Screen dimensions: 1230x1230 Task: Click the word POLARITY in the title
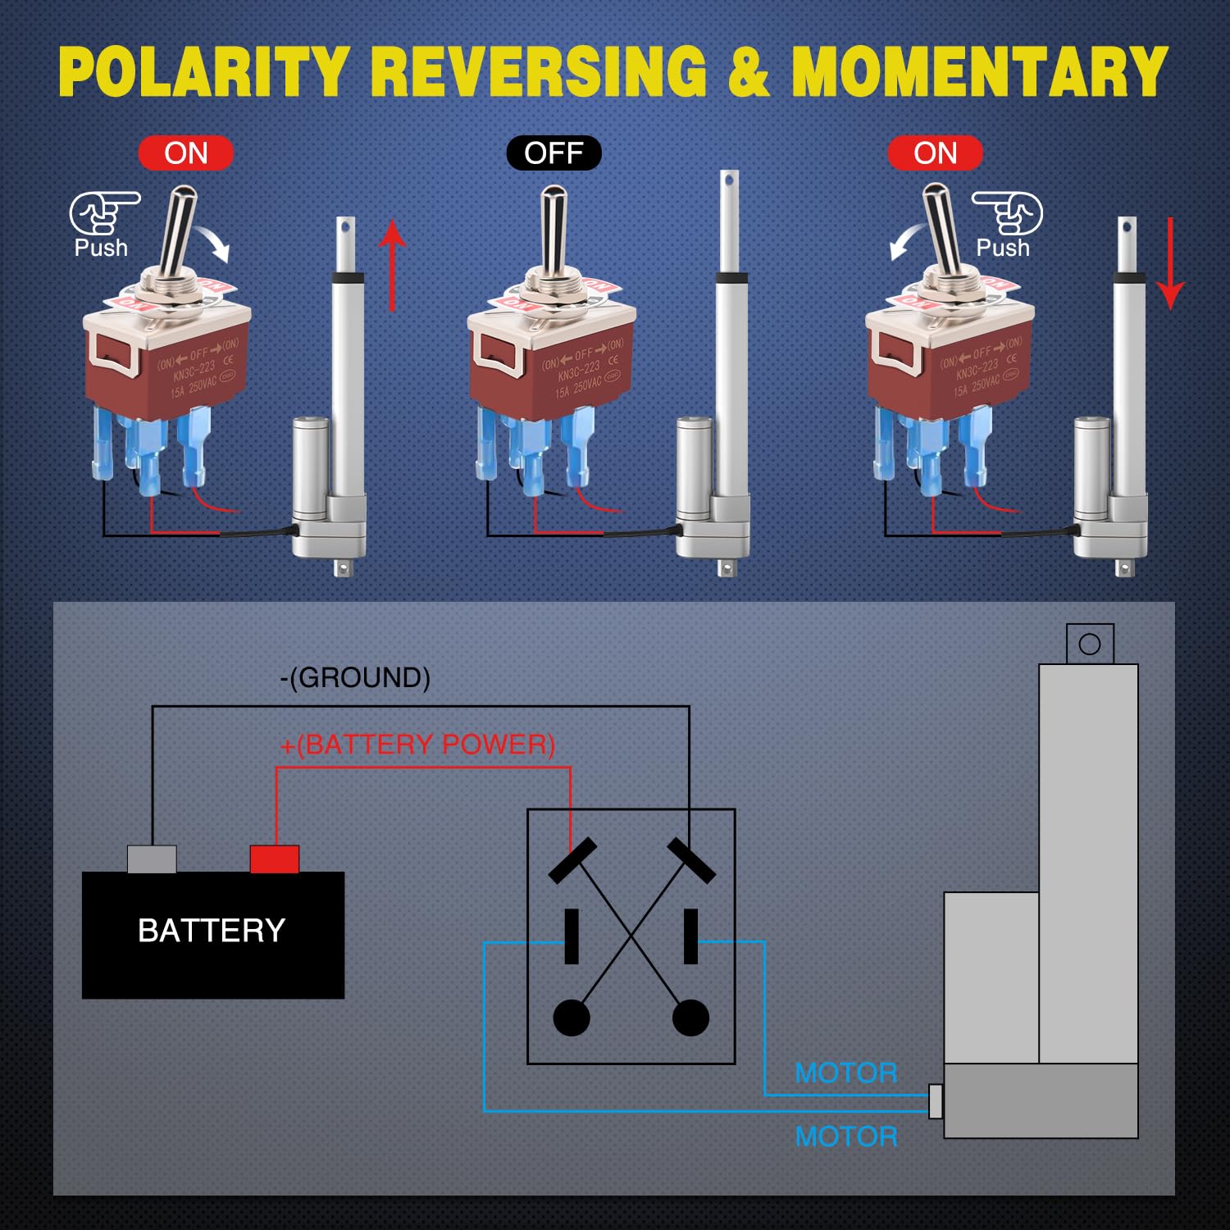203,72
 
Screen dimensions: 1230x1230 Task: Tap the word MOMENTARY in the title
979,72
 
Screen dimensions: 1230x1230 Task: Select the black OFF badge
553,153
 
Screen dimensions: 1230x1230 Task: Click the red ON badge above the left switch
186,153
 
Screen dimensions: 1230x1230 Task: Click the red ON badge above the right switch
935,153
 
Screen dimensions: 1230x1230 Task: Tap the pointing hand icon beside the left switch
103,212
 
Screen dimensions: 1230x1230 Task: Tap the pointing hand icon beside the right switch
1008,212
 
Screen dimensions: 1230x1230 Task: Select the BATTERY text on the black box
212,931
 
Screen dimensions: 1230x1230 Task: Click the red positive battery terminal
274,859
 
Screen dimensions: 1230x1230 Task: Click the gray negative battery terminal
152,859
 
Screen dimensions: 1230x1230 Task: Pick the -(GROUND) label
355,677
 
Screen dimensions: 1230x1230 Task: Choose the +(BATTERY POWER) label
417,745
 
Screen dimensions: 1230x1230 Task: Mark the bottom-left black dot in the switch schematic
572,1018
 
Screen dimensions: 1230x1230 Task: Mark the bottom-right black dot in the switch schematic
690,1018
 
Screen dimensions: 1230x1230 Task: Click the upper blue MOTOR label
846,1073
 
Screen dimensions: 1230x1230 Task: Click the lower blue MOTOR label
846,1137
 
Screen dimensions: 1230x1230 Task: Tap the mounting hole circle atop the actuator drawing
1090,644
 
